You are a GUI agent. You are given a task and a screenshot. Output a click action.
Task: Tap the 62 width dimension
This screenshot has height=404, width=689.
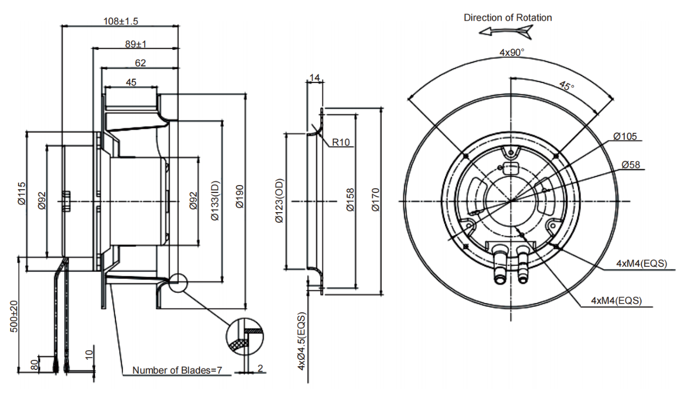[x=140, y=63]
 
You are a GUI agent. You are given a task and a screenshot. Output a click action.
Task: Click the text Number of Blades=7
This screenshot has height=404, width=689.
[x=177, y=370]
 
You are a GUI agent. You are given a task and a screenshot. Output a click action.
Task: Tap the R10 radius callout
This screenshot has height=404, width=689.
[x=342, y=142]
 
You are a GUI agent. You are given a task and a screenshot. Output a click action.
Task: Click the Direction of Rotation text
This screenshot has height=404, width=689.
[x=508, y=18]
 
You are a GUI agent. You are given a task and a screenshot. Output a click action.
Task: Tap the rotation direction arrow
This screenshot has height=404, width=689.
[x=506, y=32]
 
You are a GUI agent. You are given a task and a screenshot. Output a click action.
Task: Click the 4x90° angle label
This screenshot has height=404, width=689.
[x=511, y=53]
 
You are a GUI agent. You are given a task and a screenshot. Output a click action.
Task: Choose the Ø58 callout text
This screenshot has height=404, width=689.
[x=631, y=164]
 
